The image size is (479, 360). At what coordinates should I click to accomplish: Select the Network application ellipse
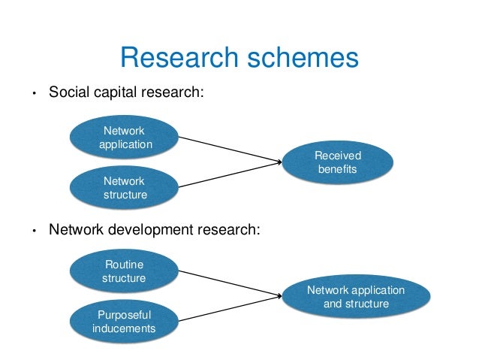click(125, 138)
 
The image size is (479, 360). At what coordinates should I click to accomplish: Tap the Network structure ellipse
click(125, 188)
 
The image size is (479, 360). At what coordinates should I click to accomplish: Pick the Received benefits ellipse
click(338, 163)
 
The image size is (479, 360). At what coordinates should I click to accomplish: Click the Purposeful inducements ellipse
click(124, 321)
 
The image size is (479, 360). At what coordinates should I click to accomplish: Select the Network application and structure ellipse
click(356, 297)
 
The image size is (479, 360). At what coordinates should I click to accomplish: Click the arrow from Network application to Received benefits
click(225, 147)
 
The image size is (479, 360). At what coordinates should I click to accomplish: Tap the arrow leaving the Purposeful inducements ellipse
click(225, 309)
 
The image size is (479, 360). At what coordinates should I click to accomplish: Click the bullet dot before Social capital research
click(33, 95)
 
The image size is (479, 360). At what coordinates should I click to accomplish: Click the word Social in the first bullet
click(68, 93)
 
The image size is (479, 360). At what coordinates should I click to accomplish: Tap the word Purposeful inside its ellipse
click(124, 314)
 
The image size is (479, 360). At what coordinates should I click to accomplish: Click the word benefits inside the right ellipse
click(338, 171)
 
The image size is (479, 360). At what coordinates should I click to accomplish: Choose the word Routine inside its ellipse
click(124, 264)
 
